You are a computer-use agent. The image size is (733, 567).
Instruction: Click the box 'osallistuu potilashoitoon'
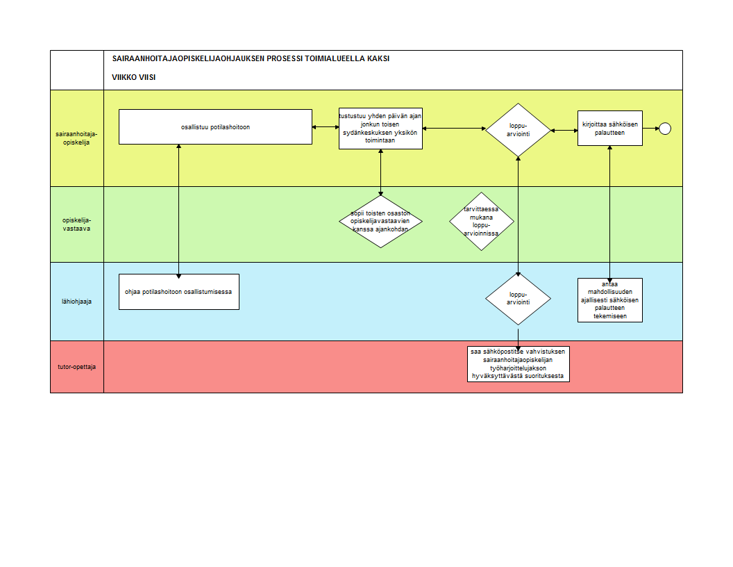[215, 126]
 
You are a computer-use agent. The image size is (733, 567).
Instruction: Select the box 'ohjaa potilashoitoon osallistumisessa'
[179, 292]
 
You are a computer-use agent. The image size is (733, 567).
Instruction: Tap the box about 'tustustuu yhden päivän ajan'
[380, 129]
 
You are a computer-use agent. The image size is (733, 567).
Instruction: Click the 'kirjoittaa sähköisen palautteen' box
[610, 128]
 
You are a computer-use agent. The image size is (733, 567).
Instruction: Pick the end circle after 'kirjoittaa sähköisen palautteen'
[665, 129]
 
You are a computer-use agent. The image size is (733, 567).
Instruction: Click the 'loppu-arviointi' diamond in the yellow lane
[518, 130]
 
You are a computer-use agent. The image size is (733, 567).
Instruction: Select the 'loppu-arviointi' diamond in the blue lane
[518, 299]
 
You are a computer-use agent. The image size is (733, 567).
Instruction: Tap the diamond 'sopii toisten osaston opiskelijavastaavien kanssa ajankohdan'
[380, 221]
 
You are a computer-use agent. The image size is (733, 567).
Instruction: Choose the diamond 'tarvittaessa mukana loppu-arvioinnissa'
[482, 221]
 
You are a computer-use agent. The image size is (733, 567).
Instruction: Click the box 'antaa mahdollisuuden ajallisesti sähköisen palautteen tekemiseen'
[610, 300]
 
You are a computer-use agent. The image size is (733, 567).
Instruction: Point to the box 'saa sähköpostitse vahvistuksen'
[519, 364]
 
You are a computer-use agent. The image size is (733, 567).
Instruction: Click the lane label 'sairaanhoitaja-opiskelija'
[76, 138]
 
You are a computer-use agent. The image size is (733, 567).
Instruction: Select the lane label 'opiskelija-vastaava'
[76, 224]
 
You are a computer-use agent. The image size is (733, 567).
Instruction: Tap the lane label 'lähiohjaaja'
[76, 302]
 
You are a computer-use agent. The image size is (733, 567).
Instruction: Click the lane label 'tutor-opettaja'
[76, 367]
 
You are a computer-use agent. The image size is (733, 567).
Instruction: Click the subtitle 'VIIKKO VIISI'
[134, 77]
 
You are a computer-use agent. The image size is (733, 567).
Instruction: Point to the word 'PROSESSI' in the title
[285, 58]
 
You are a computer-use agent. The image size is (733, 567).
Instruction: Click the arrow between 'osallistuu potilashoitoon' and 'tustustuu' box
[326, 126]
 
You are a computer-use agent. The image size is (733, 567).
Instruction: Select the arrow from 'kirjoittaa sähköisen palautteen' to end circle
[650, 128]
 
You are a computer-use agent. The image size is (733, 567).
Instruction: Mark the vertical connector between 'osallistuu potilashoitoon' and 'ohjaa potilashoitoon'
[178, 211]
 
